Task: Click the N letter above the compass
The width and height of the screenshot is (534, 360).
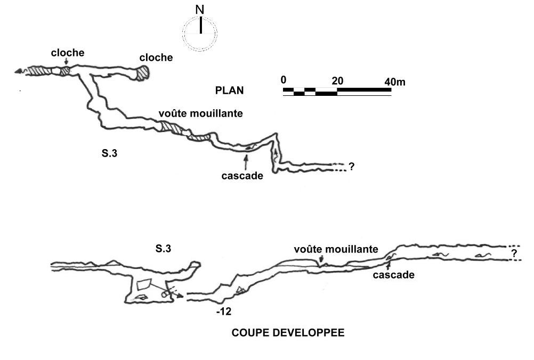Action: click(x=200, y=10)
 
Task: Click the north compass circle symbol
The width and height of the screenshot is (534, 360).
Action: click(x=200, y=34)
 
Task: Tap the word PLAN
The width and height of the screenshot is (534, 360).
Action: click(x=229, y=91)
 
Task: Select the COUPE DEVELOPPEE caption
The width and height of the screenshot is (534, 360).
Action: click(x=287, y=333)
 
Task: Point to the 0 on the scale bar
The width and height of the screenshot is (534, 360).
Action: click(x=284, y=80)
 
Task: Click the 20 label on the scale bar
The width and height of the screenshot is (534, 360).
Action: click(x=337, y=80)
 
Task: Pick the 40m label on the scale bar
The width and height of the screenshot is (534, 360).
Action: click(x=394, y=81)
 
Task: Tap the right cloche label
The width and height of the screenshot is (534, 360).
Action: click(x=156, y=58)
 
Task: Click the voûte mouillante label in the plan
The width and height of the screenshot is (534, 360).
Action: click(x=200, y=113)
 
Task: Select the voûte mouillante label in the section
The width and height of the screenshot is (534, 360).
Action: click(x=336, y=249)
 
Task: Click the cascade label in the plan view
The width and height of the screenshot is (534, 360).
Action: click(x=242, y=176)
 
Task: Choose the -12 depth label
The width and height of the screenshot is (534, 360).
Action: click(x=224, y=312)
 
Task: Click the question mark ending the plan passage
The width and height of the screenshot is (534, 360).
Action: click(x=351, y=167)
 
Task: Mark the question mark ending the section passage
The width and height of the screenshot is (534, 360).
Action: click(x=514, y=253)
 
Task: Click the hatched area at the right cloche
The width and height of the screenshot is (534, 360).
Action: click(x=143, y=73)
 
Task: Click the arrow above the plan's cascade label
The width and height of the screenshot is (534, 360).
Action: click(x=245, y=160)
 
